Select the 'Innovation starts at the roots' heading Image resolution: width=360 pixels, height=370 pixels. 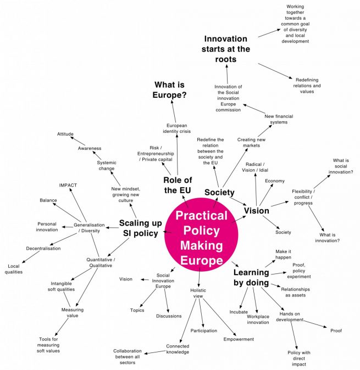226,49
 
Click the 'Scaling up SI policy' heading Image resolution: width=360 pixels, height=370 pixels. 139,228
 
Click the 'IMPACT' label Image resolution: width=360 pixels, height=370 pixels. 68,185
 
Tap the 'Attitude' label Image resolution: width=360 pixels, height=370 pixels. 65,134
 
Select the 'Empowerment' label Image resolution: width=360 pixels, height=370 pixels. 239,339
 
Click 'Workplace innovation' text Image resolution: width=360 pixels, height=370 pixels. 258,319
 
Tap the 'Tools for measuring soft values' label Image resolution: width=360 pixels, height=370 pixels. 49,345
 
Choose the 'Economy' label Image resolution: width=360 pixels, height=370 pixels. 275,181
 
